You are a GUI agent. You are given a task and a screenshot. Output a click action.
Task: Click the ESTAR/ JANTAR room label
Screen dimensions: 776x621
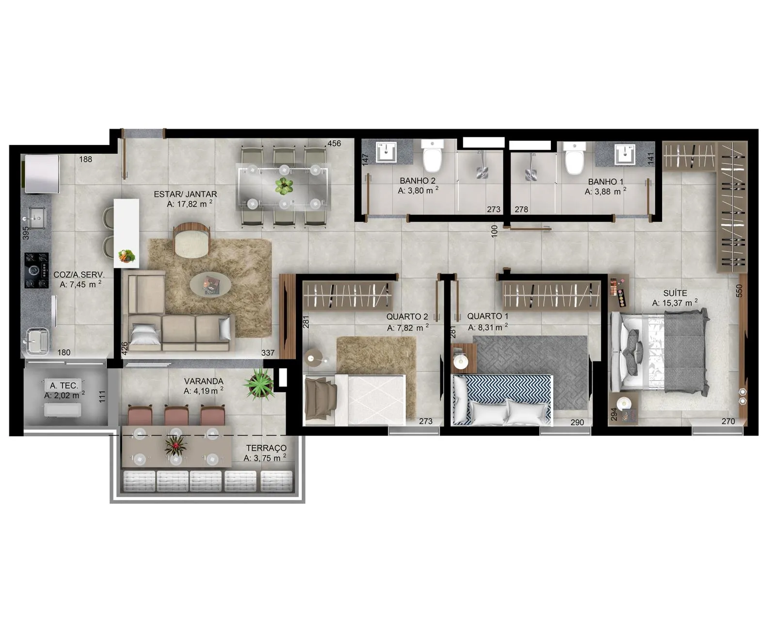pos(185,194)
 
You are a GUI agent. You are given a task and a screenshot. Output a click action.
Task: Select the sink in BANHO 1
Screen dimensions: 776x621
pos(625,154)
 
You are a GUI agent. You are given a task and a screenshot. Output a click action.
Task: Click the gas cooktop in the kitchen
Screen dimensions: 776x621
pos(36,270)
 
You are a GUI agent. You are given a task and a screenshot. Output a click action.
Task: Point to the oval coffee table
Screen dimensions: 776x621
pos(210,284)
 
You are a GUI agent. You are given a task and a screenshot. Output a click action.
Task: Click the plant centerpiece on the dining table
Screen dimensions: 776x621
pos(284,185)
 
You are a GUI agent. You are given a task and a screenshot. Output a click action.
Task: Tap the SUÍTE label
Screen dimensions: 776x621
pos(675,294)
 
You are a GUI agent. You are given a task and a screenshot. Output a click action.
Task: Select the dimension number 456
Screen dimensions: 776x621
pos(334,143)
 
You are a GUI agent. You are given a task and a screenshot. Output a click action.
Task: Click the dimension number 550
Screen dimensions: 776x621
pos(739,291)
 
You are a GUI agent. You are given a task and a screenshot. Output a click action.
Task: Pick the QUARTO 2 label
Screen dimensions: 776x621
pos(407,316)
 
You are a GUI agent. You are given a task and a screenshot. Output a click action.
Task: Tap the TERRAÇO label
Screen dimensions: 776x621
pos(266,448)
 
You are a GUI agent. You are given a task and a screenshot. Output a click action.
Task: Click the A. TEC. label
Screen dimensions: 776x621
pos(64,385)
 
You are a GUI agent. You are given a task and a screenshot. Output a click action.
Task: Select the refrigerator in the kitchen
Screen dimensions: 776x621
pos(41,174)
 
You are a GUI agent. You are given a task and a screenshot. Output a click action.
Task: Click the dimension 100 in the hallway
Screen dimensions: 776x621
pos(494,231)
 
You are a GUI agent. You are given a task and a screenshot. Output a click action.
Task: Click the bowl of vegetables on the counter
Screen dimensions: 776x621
pos(127,256)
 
